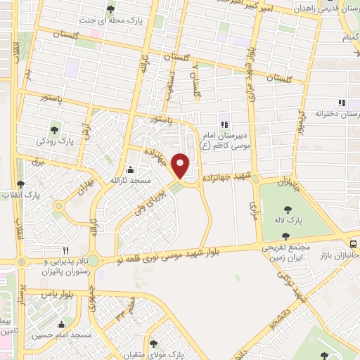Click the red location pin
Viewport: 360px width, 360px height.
181,165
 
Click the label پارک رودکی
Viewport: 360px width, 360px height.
57,141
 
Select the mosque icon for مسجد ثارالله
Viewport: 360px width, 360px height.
130,169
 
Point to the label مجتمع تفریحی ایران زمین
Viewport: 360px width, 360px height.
286,253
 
